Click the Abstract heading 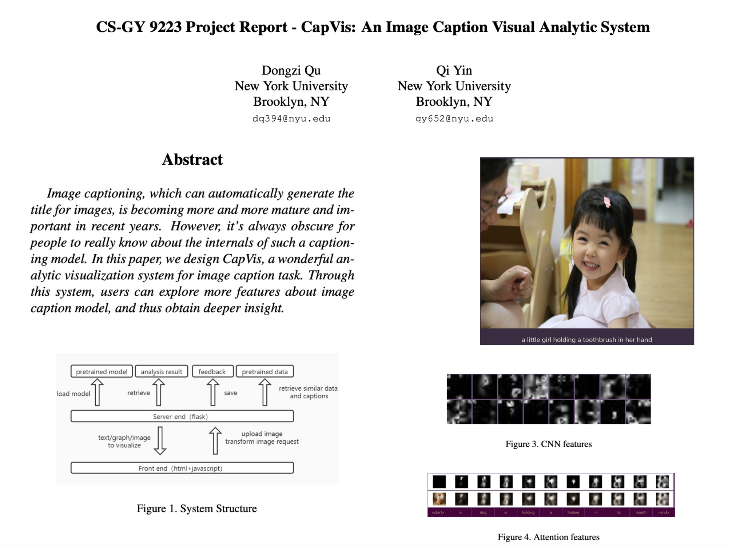192,160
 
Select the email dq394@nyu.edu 291,119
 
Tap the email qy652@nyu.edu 454,119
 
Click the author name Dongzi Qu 291,70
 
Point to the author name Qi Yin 454,70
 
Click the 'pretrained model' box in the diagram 102,371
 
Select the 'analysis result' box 162,371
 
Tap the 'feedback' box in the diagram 212,371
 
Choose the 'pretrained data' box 264,371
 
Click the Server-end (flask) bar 182,416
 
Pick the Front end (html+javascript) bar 182,468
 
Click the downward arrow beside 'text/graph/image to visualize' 160,441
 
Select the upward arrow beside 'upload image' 215,441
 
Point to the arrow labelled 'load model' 97,392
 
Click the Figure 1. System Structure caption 196,508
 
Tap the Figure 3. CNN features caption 548,444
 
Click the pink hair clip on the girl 607,202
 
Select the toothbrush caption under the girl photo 586,340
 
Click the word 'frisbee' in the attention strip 573,512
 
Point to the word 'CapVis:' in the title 328,27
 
